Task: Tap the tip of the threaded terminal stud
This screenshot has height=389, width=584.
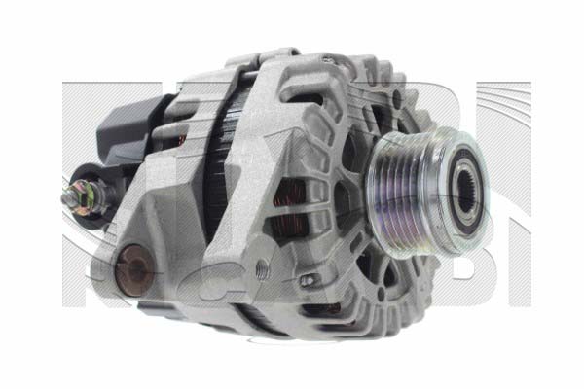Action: pos(65,195)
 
